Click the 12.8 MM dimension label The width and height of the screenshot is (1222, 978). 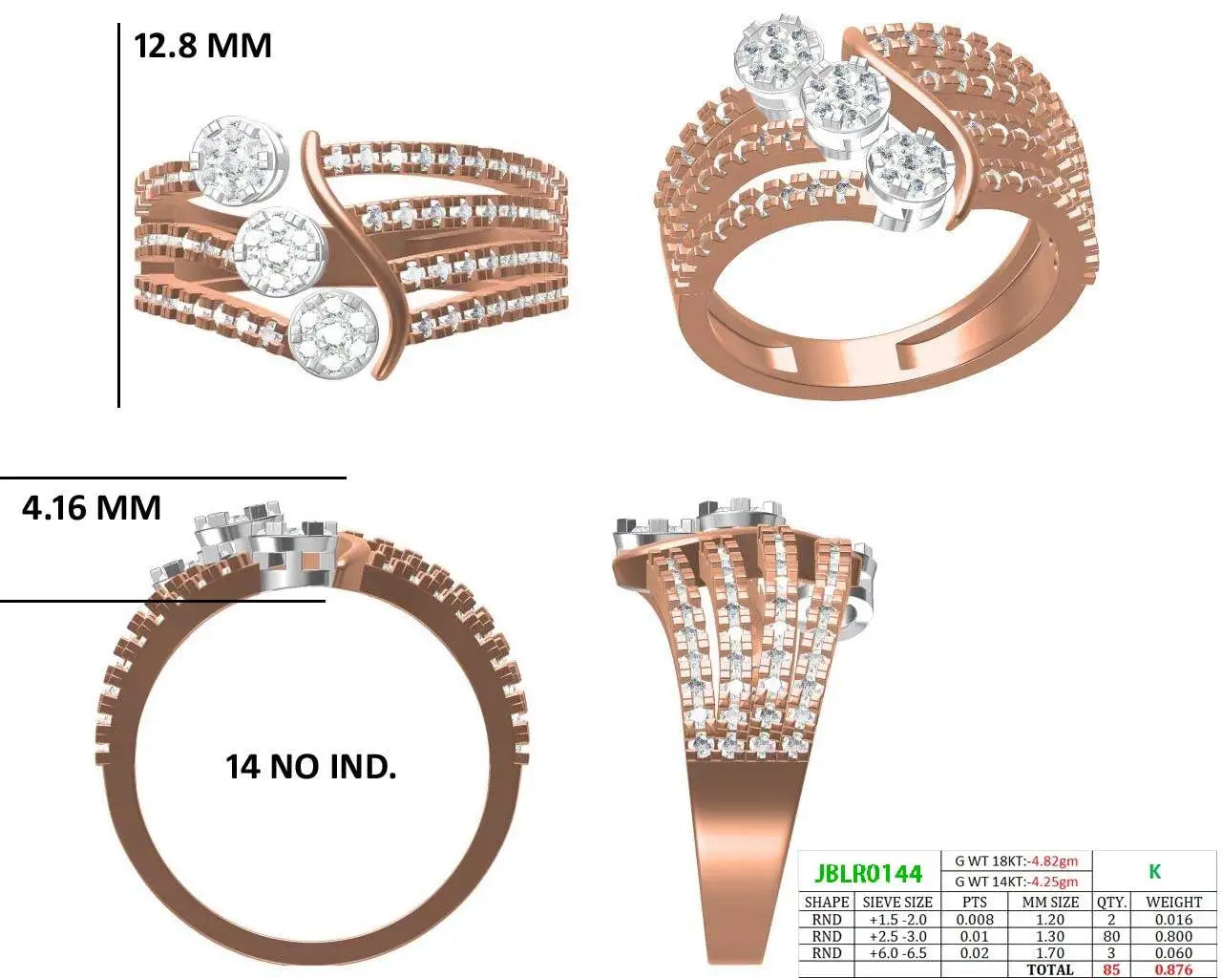[202, 46]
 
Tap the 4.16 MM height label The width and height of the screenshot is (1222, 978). [92, 507]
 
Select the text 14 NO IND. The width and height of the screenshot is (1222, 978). [310, 767]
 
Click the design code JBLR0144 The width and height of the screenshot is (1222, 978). [868, 874]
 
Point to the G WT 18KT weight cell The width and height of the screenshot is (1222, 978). [1016, 861]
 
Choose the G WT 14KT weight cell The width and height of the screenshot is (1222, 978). [1016, 882]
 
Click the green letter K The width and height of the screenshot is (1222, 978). [1154, 872]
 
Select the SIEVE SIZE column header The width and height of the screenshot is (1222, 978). [897, 902]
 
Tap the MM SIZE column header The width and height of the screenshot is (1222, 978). [1050, 902]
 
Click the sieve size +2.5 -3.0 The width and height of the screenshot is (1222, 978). [897, 936]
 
